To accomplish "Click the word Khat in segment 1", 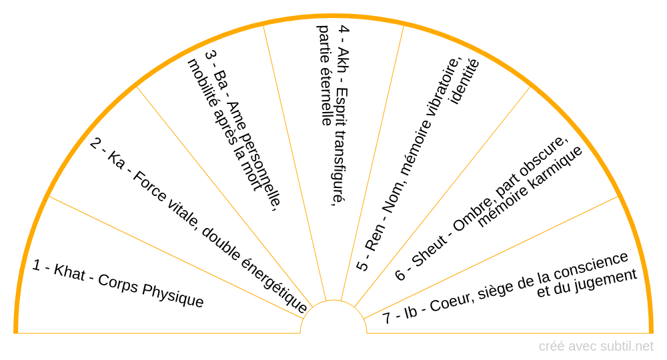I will pos(69,272).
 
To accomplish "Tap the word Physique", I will pos(173,296).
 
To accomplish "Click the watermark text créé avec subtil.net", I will pos(596,347).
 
